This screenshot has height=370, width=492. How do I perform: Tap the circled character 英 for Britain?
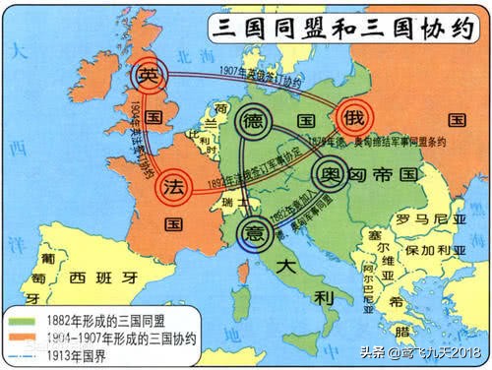click(x=148, y=77)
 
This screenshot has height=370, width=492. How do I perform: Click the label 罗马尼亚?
click(x=420, y=217)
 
